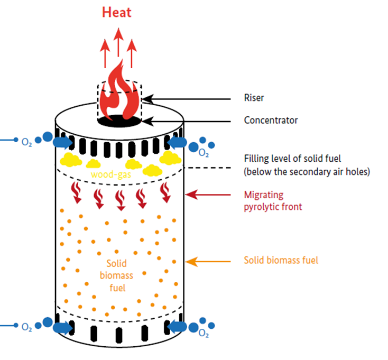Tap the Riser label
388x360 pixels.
[253, 98]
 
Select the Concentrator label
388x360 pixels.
[271, 120]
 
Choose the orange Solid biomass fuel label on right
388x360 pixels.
[281, 260]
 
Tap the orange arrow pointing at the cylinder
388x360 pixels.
[207, 261]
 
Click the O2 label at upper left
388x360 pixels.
[26, 142]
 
